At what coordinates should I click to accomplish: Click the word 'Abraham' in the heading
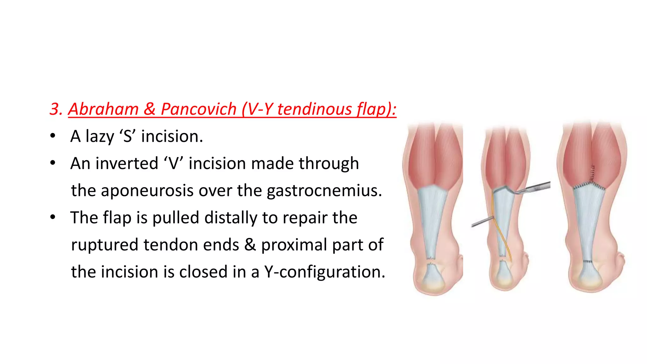tap(103, 109)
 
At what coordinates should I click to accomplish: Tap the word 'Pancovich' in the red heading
tap(198, 109)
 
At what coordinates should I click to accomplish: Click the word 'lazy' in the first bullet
tap(100, 136)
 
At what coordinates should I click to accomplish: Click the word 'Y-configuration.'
tap(325, 272)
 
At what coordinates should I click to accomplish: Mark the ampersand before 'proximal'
tap(250, 245)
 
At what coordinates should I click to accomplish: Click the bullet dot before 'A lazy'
tap(53, 136)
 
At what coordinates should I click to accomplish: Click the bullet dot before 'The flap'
tap(53, 217)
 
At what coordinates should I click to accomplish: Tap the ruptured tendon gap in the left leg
tap(430, 260)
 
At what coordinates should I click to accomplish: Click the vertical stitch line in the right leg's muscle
tap(593, 174)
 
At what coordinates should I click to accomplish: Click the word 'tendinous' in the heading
tap(314, 109)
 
